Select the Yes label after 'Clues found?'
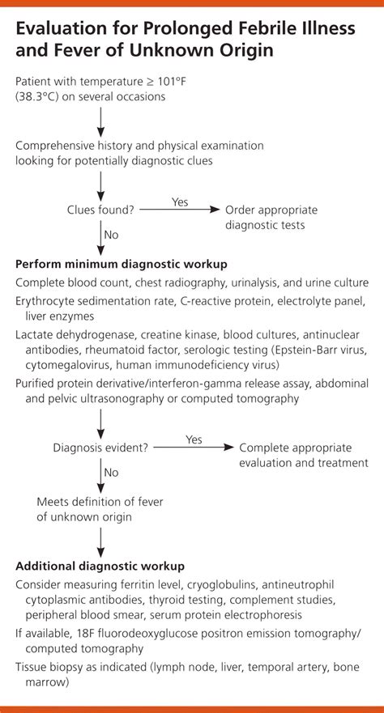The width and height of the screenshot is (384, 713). [x=180, y=201]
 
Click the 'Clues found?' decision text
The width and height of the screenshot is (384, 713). [x=100, y=211]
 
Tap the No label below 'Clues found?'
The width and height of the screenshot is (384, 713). [x=112, y=235]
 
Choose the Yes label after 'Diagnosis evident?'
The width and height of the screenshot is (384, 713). [x=194, y=439]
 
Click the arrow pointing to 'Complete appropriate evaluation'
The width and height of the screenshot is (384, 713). [x=194, y=448]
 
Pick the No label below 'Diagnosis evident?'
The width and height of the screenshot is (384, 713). [x=112, y=473]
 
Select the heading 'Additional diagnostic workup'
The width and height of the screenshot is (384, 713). [x=100, y=567]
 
